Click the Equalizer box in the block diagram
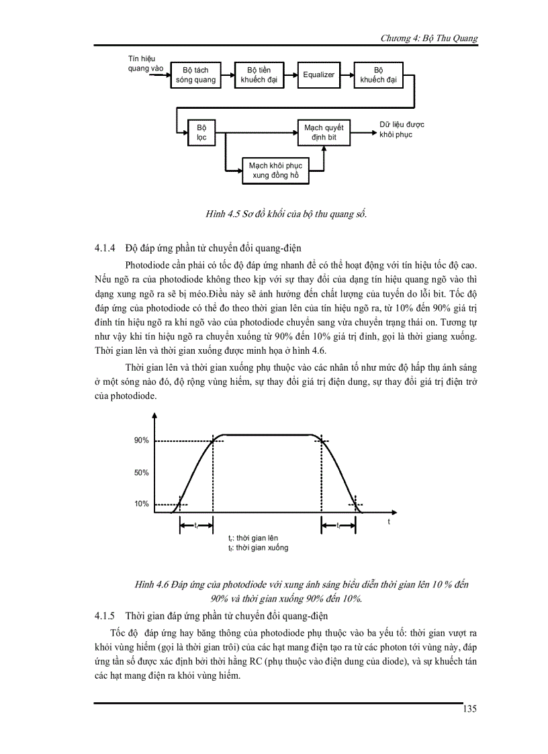pyautogui.click(x=318, y=75)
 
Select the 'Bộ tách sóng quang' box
pyautogui.click(x=195, y=75)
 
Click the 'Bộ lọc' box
pyautogui.click(x=201, y=132)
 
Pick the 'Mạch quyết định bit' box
pyautogui.click(x=323, y=132)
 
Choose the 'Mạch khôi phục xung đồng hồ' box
pyautogui.click(x=275, y=171)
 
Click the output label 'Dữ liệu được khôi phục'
pyautogui.click(x=401, y=130)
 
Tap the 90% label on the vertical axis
pyautogui.click(x=141, y=440)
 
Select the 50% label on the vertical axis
pyautogui.click(x=141, y=473)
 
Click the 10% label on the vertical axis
pyautogui.click(x=141, y=504)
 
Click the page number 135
pyautogui.click(x=469, y=709)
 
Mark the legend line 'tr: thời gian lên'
pyautogui.click(x=253, y=538)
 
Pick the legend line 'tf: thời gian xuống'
pyautogui.click(x=258, y=548)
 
